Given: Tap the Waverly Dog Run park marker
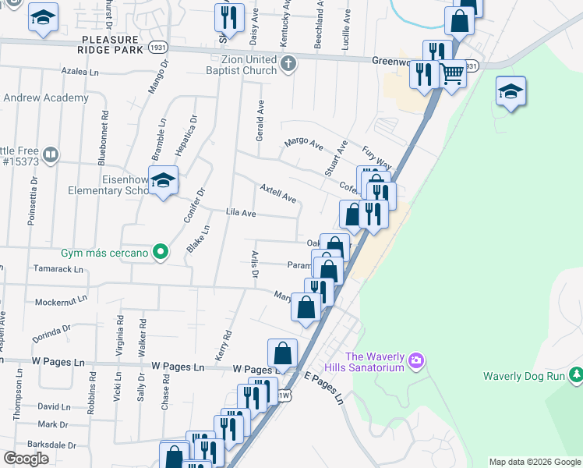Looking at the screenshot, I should pos(576,376).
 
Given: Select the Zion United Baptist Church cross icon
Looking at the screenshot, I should pos(288,64).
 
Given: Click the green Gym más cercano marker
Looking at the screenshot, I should pos(161,251).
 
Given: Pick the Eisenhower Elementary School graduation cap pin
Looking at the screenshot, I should pos(163,182).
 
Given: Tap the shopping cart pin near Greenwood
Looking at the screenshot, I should pos(452,74).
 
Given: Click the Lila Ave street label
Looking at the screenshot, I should pos(241,213).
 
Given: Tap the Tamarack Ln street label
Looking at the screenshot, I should pos(58,269).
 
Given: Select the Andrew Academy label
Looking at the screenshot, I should pos(45,98).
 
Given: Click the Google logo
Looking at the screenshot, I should pos(26,459).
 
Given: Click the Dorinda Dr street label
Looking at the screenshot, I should pos(51,329).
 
